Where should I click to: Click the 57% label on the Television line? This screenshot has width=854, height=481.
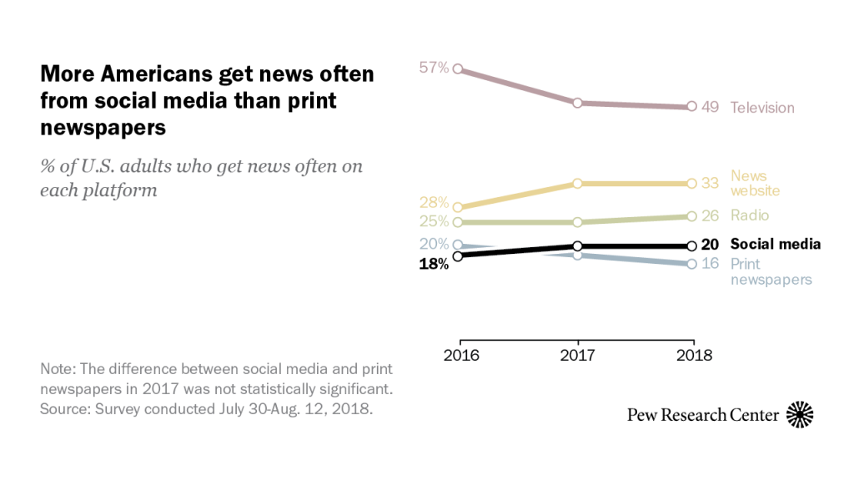434,68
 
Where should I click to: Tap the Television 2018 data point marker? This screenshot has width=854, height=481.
691,107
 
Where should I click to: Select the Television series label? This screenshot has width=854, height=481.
762,108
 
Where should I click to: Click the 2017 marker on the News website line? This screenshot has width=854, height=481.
576,183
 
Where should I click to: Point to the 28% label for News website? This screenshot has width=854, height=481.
434,203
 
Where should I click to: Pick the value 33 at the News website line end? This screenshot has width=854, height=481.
710,183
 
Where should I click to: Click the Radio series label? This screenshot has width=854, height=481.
750,215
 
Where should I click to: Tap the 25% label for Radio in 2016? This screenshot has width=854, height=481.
434,221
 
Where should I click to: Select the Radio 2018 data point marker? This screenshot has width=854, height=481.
691,216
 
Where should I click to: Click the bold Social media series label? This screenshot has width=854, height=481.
776,244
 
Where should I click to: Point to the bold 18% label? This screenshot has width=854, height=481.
434,264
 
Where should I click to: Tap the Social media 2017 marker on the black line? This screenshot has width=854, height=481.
576,246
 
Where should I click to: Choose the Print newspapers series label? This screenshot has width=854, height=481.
771,271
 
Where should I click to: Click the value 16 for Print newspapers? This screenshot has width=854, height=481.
710,264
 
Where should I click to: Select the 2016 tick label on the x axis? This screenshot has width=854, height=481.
461,354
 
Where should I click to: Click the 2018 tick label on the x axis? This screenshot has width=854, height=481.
693,354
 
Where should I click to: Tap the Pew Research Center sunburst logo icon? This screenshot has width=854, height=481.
800,414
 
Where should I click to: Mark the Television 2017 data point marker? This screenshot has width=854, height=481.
576,103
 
